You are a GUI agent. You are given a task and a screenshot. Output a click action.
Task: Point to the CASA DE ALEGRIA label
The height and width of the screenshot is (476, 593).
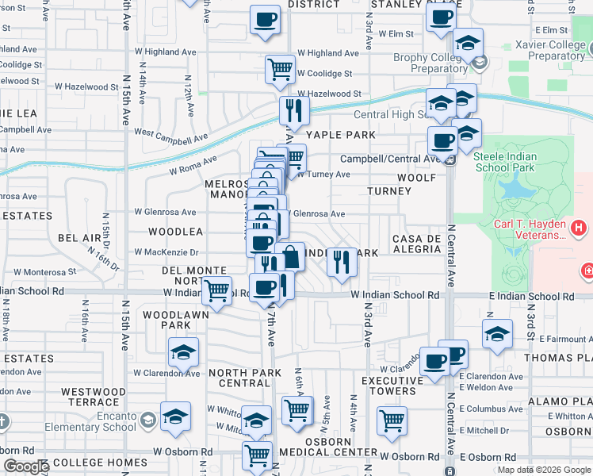tap(416, 244)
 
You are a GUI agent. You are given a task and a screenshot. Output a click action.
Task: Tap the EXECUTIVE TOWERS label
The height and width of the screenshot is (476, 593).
tap(388, 386)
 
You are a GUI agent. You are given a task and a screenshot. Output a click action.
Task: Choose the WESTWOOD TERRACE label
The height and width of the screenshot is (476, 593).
tap(94, 397)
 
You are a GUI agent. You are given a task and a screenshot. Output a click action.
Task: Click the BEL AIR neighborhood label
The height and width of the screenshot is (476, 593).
tap(79, 237)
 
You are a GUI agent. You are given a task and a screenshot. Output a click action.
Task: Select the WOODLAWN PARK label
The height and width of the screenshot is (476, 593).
tap(166, 320)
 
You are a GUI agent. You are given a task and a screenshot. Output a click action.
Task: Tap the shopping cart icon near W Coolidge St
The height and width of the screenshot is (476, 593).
tap(280, 70)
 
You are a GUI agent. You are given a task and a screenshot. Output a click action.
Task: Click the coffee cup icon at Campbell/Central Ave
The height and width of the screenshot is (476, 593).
tap(442, 141)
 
